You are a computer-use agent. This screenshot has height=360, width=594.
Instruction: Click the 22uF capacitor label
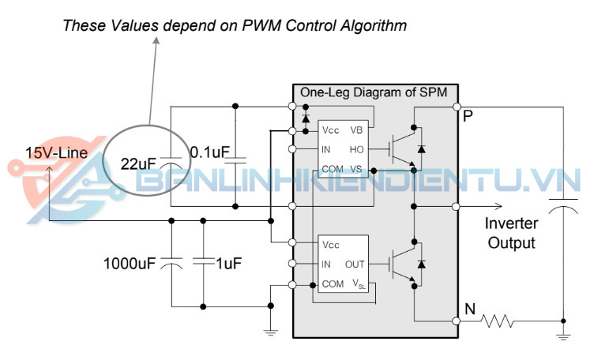click(138, 165)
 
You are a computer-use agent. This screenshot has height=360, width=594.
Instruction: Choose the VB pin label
click(357, 129)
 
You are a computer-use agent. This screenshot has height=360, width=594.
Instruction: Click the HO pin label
click(356, 148)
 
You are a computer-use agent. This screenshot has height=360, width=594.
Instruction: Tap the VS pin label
click(357, 168)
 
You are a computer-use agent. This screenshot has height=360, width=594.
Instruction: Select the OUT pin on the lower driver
click(355, 264)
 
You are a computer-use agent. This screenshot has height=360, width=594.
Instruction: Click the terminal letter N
click(469, 310)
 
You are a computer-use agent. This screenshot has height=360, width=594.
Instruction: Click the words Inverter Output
click(511, 234)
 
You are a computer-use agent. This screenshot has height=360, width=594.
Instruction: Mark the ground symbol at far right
click(563, 336)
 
